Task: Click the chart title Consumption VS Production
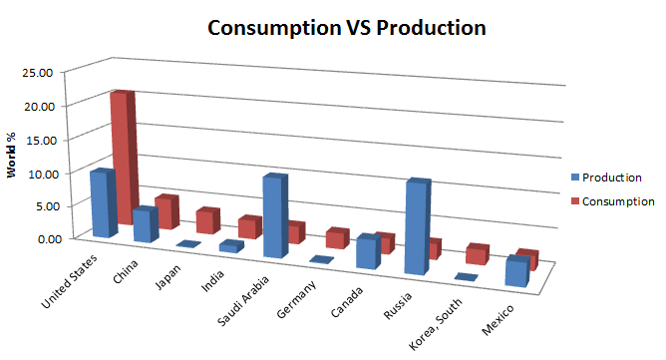click(346, 28)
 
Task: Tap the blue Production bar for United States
click(102, 203)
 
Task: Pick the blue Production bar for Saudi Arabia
click(275, 216)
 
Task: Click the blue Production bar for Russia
click(417, 227)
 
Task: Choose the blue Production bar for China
click(146, 224)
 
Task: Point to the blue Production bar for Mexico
click(516, 272)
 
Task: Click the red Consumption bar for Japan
click(207, 220)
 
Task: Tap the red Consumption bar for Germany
click(336, 238)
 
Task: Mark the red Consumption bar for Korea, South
click(477, 254)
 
